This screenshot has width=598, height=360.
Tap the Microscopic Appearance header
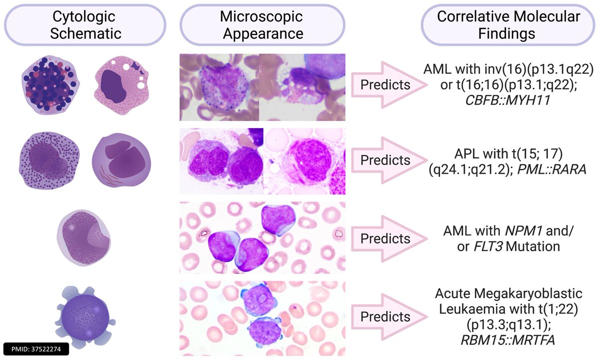261,25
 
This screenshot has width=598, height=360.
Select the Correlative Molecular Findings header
508,25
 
